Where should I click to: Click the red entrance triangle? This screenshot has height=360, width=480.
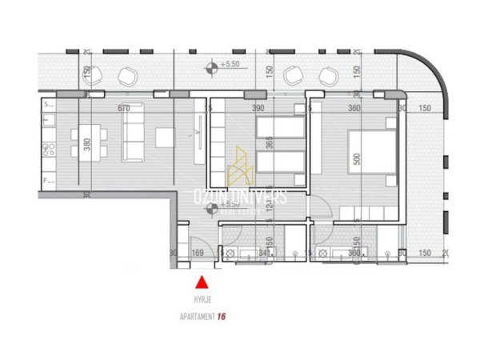click(x=202, y=282)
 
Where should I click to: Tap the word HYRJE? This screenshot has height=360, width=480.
click(x=203, y=301)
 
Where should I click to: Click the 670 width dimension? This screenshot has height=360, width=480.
click(x=123, y=108)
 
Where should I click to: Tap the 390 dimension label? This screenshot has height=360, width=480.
click(x=258, y=108)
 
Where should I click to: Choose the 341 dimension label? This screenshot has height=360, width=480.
click(x=265, y=254)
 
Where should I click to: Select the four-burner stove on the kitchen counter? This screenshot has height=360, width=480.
click(x=46, y=149)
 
